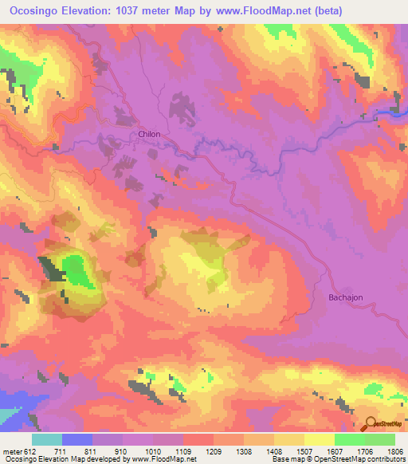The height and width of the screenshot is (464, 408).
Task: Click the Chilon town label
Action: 149,135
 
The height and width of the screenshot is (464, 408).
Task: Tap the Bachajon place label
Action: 346,297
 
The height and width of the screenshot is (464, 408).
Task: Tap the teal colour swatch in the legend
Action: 47,439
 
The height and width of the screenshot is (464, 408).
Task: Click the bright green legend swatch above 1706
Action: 350,439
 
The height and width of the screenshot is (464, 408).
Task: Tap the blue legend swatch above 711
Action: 77,439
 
